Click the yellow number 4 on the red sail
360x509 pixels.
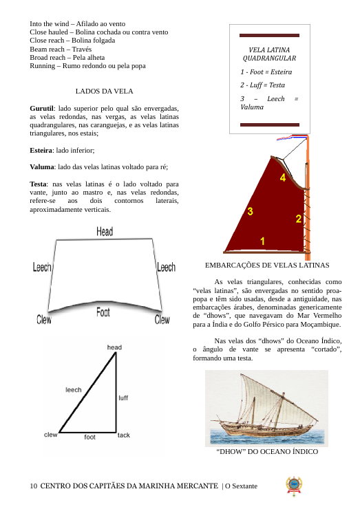(283, 177)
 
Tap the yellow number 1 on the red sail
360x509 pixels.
(262, 241)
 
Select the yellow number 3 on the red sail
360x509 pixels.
(250, 211)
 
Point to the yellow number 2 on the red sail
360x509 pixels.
(298, 219)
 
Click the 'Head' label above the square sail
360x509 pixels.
(105, 231)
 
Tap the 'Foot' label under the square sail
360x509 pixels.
(103, 312)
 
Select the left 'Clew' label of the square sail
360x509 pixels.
(44, 319)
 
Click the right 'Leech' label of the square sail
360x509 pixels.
(166, 267)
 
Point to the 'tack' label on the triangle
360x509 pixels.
(123, 435)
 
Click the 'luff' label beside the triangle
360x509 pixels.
(123, 398)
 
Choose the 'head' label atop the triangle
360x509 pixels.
(114, 347)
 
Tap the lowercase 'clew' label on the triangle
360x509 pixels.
(51, 435)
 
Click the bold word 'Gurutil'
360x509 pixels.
(41, 109)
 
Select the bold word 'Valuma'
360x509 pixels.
(42, 167)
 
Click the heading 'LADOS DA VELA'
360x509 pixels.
(105, 91)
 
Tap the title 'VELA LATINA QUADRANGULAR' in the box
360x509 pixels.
(269, 54)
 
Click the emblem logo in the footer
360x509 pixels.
(294, 486)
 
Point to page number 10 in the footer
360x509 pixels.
(34, 486)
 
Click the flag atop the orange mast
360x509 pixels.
(291, 138)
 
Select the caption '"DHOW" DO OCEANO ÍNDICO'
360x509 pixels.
(267, 451)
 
